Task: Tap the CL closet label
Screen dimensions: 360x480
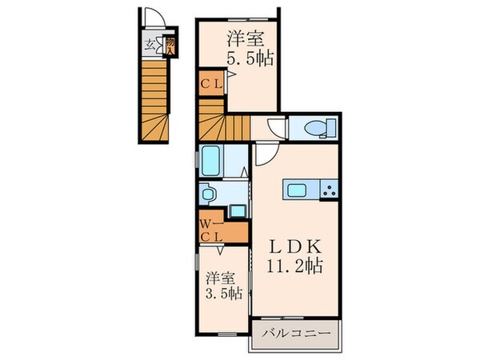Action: click(x=211, y=81)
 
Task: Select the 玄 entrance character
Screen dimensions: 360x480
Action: click(x=150, y=45)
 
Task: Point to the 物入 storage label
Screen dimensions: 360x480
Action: click(x=170, y=45)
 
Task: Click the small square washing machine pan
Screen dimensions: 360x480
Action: click(x=237, y=210)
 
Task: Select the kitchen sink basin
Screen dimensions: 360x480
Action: click(x=295, y=190)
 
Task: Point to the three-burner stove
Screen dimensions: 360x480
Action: click(x=327, y=190)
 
